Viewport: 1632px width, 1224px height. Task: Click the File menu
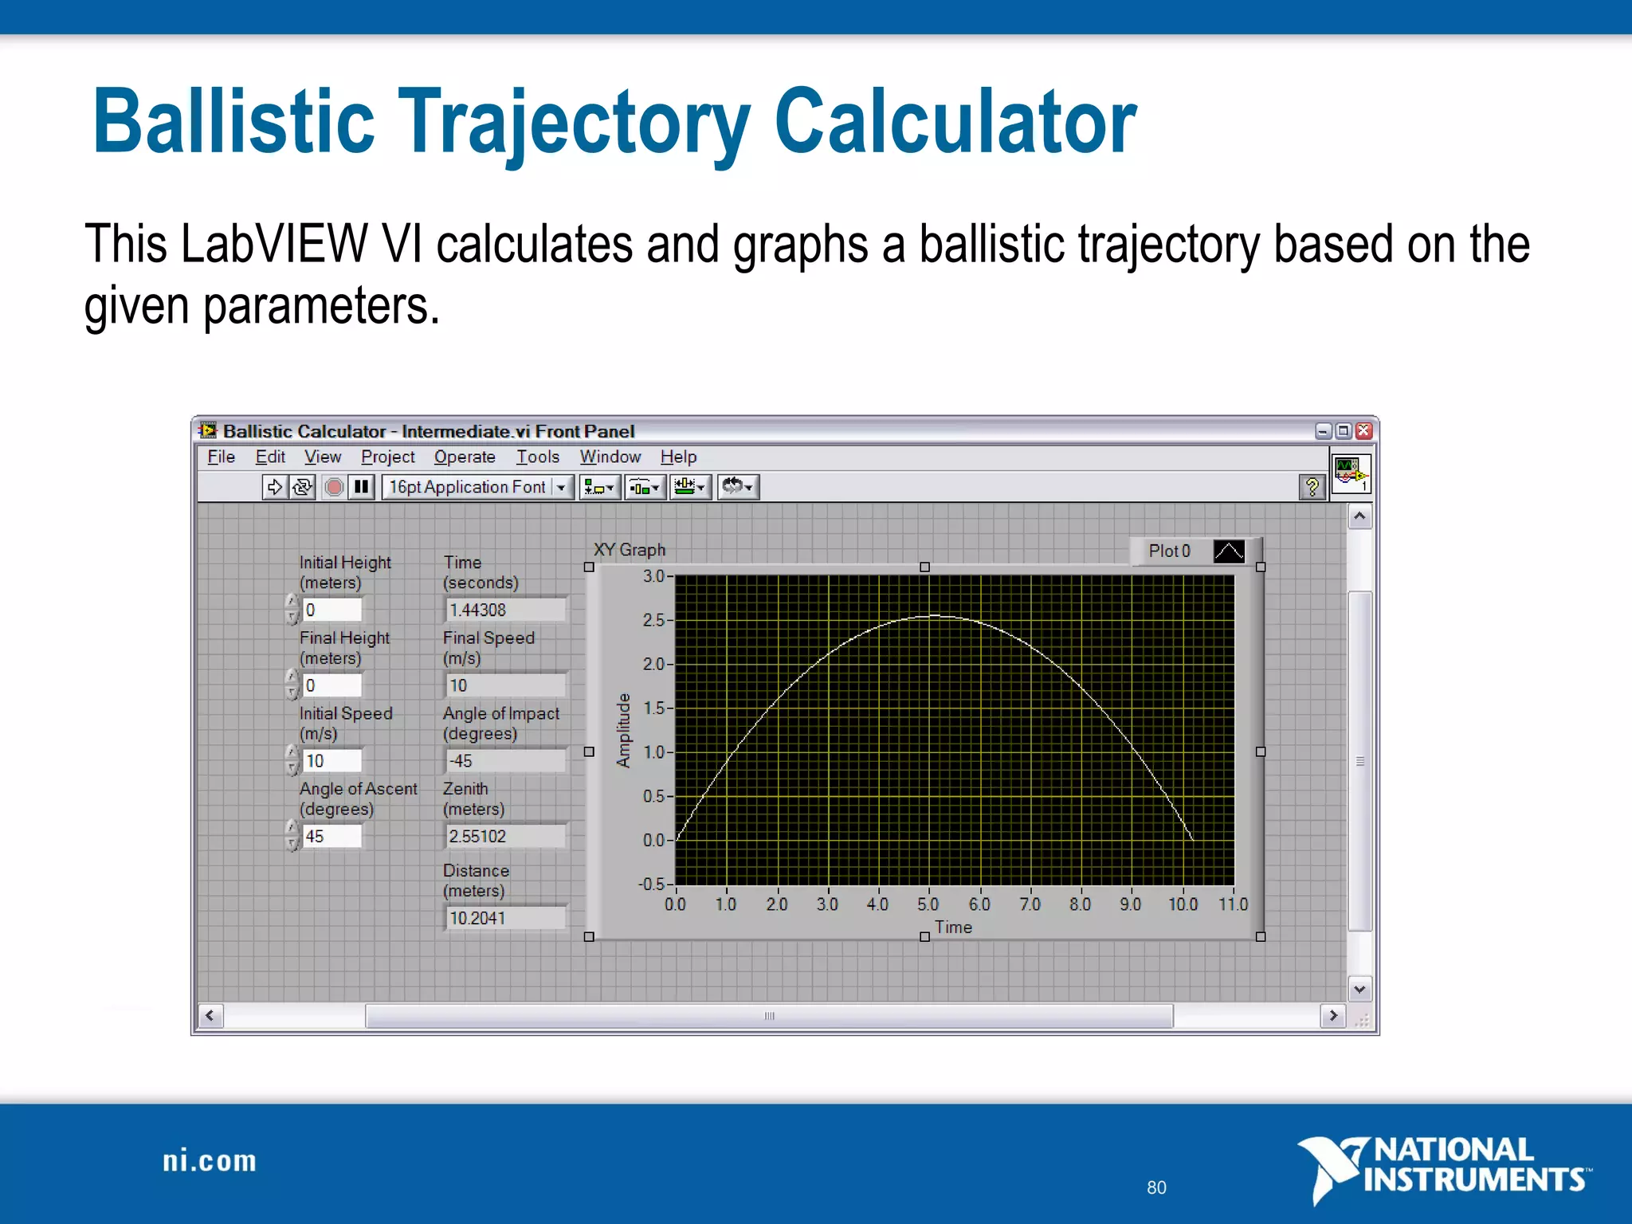click(221, 457)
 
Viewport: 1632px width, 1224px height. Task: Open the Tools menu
click(537, 457)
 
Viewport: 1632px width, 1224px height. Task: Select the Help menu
click(678, 457)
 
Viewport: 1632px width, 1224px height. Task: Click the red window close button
click(1363, 431)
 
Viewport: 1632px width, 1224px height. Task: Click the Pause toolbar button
click(361, 486)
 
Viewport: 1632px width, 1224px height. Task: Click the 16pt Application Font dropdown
click(477, 486)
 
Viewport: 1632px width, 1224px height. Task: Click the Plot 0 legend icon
click(1228, 551)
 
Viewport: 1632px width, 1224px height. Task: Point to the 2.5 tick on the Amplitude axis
click(654, 620)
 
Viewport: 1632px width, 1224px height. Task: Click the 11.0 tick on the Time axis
click(1233, 904)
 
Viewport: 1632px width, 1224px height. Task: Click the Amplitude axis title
click(623, 731)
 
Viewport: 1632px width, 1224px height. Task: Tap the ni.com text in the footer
click(210, 1161)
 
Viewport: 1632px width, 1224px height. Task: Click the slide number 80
click(1156, 1187)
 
